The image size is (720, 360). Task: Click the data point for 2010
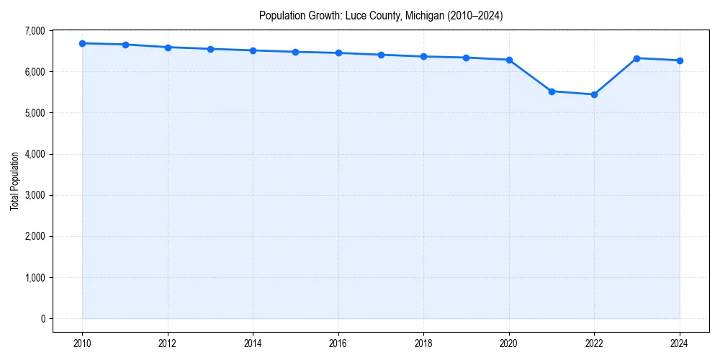83,43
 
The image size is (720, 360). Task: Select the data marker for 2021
552,91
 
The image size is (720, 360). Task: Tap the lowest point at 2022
594,94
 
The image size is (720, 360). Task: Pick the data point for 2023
636,58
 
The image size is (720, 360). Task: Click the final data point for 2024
680,60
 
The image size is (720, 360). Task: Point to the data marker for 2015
296,52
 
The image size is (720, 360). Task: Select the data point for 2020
509,60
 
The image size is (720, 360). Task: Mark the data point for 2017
381,55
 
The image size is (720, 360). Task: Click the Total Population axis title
14,181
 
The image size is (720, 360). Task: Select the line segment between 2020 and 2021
531,76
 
